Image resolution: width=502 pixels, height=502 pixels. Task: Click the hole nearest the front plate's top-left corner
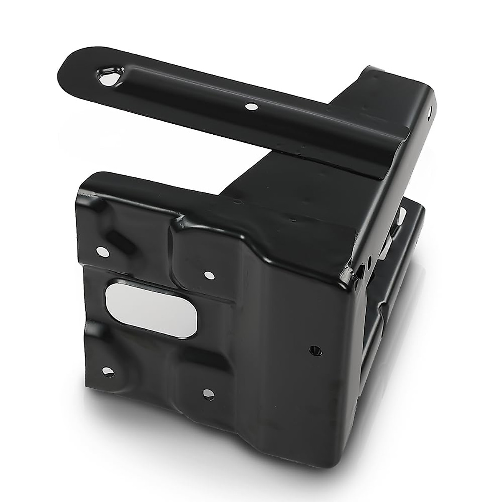tap(101, 251)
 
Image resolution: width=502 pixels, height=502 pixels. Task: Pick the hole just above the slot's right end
tap(208, 275)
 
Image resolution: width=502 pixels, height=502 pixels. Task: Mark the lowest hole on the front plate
tap(206, 392)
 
